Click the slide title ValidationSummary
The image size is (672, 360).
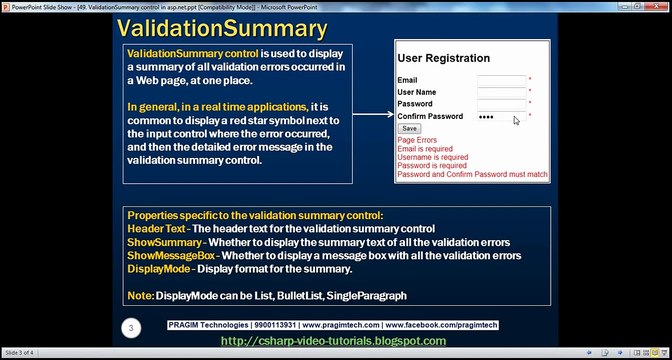pyautogui.click(x=221, y=26)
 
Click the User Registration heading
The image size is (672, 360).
pyautogui.click(x=443, y=58)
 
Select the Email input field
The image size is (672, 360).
pyautogui.click(x=501, y=80)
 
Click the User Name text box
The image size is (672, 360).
pyautogui.click(x=501, y=92)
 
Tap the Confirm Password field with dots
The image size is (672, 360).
pyautogui.click(x=501, y=116)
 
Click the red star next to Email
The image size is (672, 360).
pyautogui.click(x=530, y=80)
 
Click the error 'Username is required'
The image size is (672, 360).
pyautogui.click(x=432, y=157)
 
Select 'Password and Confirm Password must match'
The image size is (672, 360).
pyautogui.click(x=472, y=174)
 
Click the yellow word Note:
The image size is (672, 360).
pyautogui.click(x=140, y=296)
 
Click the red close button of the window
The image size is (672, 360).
pyautogui.click(x=660, y=5)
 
